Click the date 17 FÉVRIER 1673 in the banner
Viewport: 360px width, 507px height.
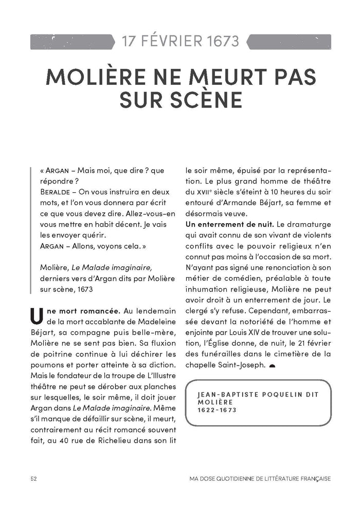pyautogui.click(x=180, y=41)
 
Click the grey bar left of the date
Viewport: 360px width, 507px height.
pyautogui.click(x=72, y=41)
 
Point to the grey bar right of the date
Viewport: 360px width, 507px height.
pyautogui.click(x=289, y=41)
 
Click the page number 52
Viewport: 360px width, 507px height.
pyautogui.click(x=33, y=478)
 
